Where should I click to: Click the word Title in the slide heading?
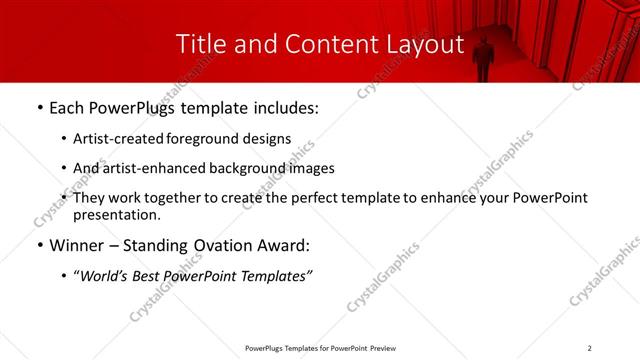198,44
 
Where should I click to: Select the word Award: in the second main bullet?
282,245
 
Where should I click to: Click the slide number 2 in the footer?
590,347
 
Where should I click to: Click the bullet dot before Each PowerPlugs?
39,105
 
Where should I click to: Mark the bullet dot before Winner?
39,245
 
